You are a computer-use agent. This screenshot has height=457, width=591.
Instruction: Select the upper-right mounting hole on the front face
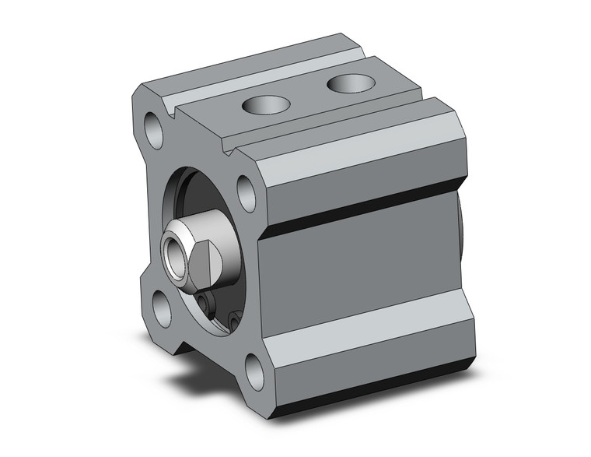247,193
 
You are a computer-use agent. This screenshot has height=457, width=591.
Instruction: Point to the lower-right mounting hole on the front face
254,371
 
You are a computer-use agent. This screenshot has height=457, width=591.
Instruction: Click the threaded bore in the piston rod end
173,252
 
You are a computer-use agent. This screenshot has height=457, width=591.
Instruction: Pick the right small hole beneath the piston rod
234,318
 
